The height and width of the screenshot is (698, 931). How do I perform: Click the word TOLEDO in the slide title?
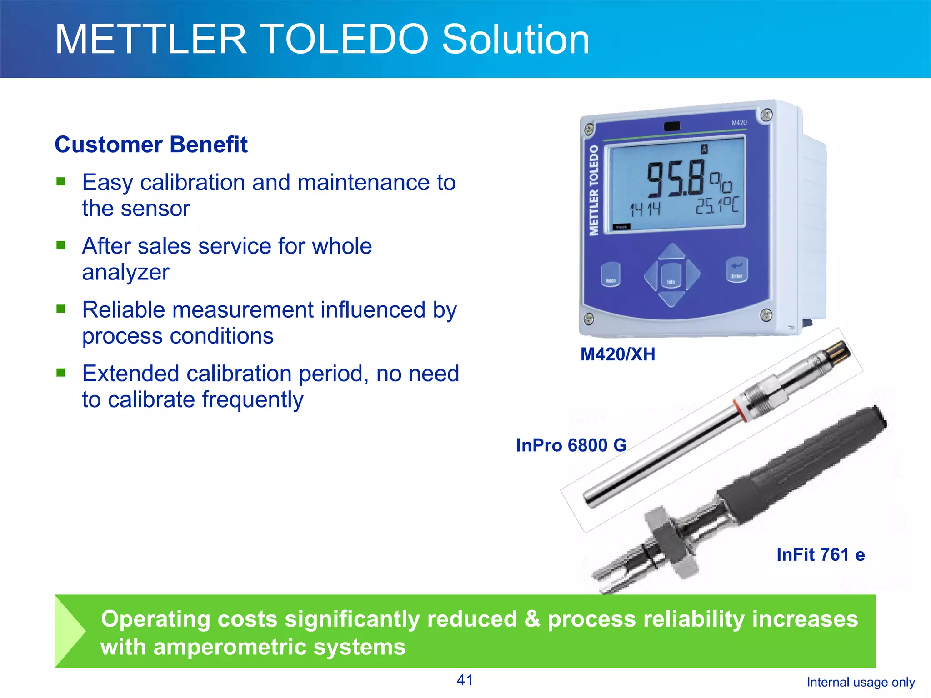pyautogui.click(x=345, y=40)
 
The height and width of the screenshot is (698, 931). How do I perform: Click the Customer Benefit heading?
pyautogui.click(x=151, y=145)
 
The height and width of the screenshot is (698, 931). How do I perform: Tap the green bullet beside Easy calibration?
pyautogui.click(x=61, y=182)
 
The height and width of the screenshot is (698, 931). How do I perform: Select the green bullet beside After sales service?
pyautogui.click(x=61, y=246)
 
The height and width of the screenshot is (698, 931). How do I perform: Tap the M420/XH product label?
pyautogui.click(x=617, y=354)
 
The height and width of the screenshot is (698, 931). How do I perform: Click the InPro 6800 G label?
pyautogui.click(x=571, y=445)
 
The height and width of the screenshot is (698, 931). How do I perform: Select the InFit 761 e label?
pyautogui.click(x=820, y=555)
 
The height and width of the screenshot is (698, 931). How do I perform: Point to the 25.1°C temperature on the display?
pyautogui.click(x=717, y=205)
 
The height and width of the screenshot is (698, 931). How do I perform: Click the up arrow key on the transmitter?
pyautogui.click(x=672, y=251)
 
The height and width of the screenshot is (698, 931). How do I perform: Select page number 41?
pyautogui.click(x=465, y=680)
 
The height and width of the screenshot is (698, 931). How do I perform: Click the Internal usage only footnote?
pyautogui.click(x=860, y=683)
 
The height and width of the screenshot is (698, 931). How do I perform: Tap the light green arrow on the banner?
pyautogui.click(x=68, y=631)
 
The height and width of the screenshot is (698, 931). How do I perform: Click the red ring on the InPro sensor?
pyautogui.click(x=741, y=410)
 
